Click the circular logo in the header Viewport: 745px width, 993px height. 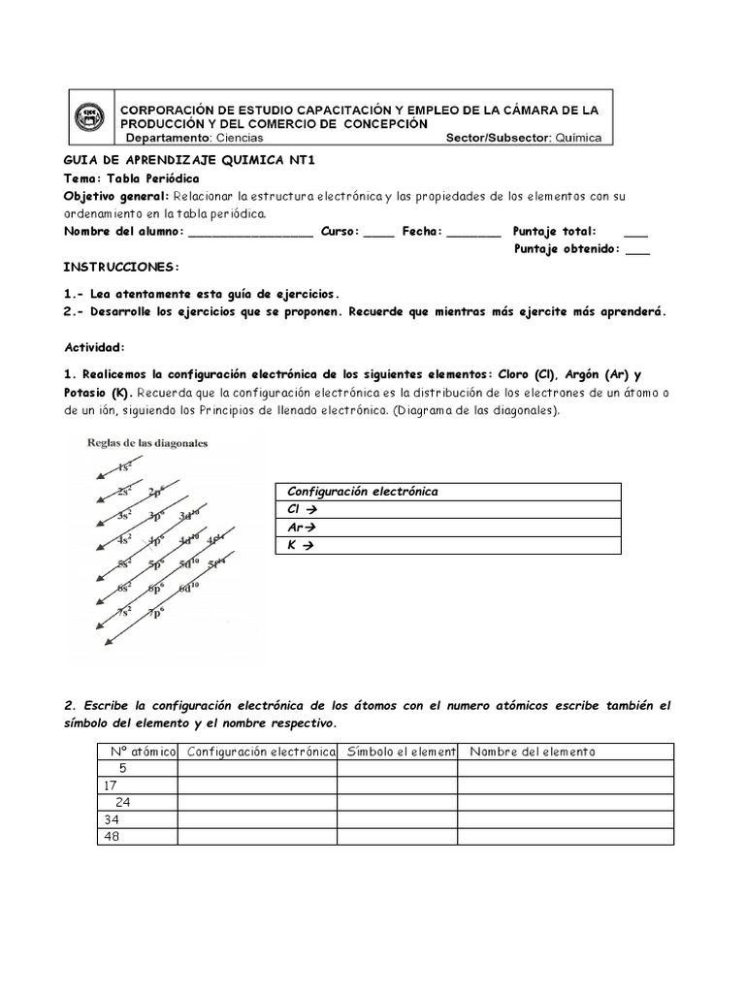point(90,118)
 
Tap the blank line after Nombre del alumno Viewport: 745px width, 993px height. point(250,232)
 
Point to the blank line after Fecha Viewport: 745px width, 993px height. point(474,232)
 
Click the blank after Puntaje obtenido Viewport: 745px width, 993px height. point(637,249)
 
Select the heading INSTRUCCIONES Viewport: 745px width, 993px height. point(121,267)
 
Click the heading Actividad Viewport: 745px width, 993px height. point(94,346)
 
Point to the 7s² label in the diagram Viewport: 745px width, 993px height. point(125,612)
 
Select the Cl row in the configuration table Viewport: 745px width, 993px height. point(447,509)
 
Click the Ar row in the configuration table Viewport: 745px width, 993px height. point(447,528)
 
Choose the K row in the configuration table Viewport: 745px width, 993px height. point(447,545)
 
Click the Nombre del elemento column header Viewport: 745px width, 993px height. point(533,752)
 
